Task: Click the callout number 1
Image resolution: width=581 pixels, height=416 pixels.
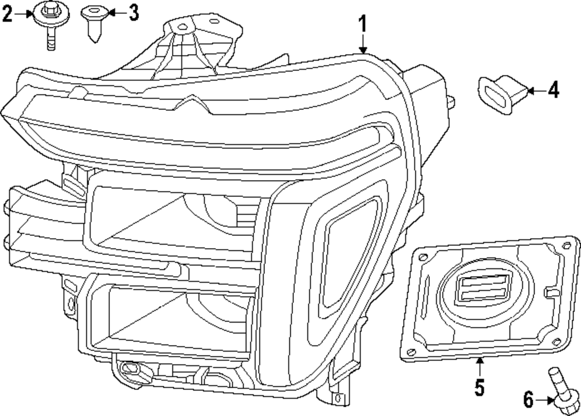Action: pyautogui.click(x=362, y=26)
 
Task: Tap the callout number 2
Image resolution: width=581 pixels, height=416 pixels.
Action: pyautogui.click(x=8, y=13)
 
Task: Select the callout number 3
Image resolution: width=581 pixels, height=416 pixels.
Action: pyautogui.click(x=134, y=12)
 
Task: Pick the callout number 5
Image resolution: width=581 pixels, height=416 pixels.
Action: pyautogui.click(x=479, y=386)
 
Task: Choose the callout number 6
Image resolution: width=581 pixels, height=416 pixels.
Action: pyautogui.click(x=528, y=400)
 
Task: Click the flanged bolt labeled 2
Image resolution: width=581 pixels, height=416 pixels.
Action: pyautogui.click(x=49, y=23)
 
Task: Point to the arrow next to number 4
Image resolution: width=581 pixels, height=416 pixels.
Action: pyautogui.click(x=536, y=91)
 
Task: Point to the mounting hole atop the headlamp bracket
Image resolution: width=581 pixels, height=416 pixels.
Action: pyautogui.click(x=182, y=26)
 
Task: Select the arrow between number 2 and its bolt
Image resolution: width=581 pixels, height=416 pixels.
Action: pyautogui.click(x=26, y=13)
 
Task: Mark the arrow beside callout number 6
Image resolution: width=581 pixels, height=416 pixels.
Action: pyautogui.click(x=544, y=399)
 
